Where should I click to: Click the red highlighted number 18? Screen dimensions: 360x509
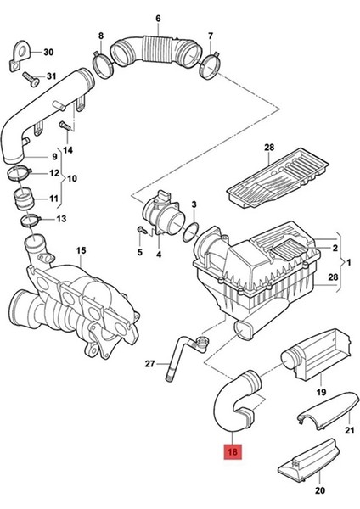click(233, 451)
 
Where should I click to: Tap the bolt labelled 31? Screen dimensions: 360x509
click(31, 79)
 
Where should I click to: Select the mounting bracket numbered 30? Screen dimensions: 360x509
click(20, 55)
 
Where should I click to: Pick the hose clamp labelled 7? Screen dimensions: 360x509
click(211, 66)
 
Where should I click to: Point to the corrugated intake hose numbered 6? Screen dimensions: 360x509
click(155, 51)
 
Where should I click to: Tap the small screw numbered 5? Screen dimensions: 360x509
click(141, 230)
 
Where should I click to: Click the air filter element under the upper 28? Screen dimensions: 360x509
click(278, 179)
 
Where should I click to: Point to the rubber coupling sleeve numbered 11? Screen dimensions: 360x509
click(24, 199)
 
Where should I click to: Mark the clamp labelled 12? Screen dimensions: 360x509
click(20, 172)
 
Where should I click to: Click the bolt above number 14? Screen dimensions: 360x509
click(65, 126)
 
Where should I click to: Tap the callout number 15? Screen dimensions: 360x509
click(82, 250)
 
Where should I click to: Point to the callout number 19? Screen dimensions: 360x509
click(321, 392)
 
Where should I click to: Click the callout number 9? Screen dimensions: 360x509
click(54, 156)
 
